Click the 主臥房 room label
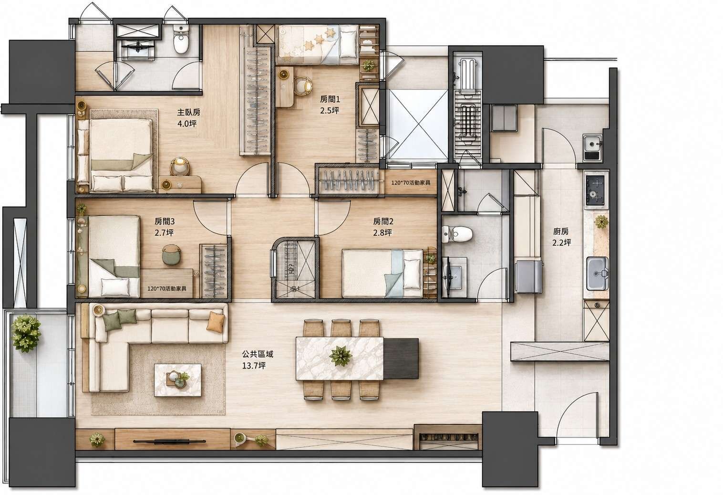pos(188,112)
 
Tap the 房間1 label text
pos(330,99)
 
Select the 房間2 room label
pos(383,221)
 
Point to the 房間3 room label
pos(164,221)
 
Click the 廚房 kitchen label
pos(561,232)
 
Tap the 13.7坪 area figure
pos(254,366)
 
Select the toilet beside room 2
pos(457,234)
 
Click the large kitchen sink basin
pos(597,274)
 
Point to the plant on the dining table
pos(341,356)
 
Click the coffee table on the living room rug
pos(177,380)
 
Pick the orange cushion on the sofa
pos(215,322)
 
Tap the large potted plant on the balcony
pos(26,333)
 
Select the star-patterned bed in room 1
pos(318,45)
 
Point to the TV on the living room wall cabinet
pos(169,441)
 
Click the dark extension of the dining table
pos(401,358)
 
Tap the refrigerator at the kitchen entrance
pos(528,277)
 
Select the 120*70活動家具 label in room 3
pos(166,288)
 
